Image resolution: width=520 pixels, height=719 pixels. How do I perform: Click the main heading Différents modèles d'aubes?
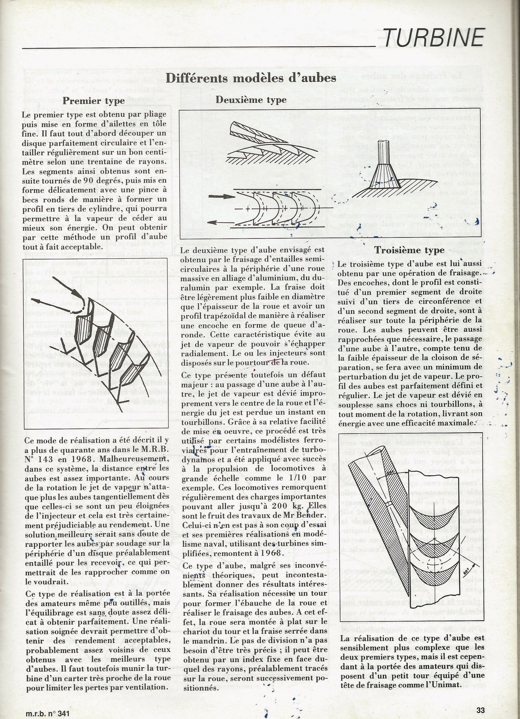tap(251, 78)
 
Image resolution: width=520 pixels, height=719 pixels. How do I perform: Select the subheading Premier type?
tap(93, 101)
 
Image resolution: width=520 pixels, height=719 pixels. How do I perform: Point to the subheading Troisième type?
tap(409, 250)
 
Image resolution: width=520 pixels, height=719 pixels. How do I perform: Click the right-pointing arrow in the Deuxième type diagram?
tap(223, 197)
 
